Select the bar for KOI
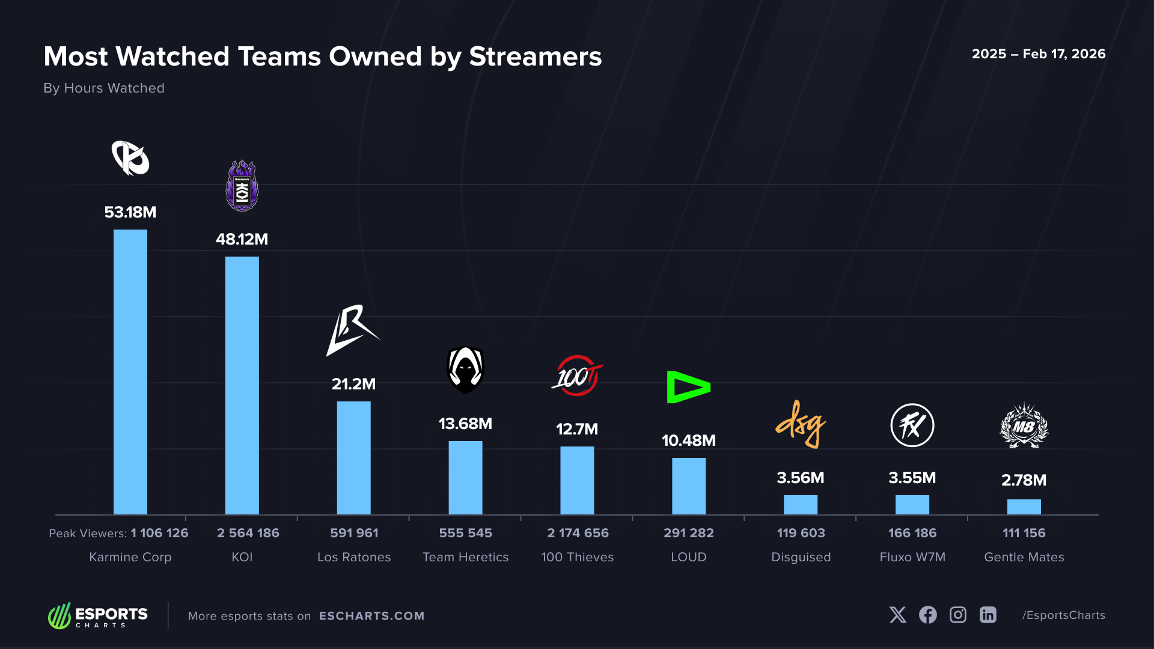point(242,385)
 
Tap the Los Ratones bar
point(353,457)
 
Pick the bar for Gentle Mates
point(1024,507)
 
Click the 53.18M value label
point(130,212)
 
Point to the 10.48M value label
point(689,440)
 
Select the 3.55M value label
point(912,478)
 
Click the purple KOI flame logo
point(242,186)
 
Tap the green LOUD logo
point(688,387)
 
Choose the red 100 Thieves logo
point(577,376)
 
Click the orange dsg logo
point(801,424)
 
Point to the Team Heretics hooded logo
point(466,370)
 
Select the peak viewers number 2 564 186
point(248,533)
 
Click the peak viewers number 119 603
point(801,533)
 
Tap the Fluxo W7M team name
point(912,557)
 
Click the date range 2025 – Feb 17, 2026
point(1038,54)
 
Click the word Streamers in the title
point(535,56)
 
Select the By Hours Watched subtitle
point(104,88)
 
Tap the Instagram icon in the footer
point(957,615)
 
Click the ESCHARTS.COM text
point(371,616)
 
